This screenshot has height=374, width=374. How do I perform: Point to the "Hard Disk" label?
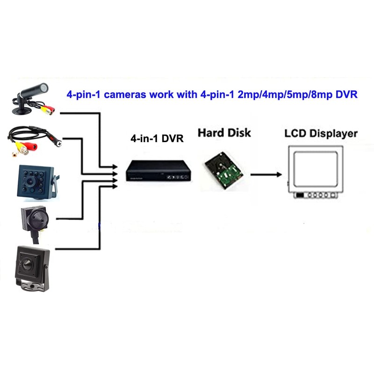coord(224,132)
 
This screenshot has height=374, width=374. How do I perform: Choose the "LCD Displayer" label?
coord(321,133)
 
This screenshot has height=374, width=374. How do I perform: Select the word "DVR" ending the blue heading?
coord(347,94)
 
